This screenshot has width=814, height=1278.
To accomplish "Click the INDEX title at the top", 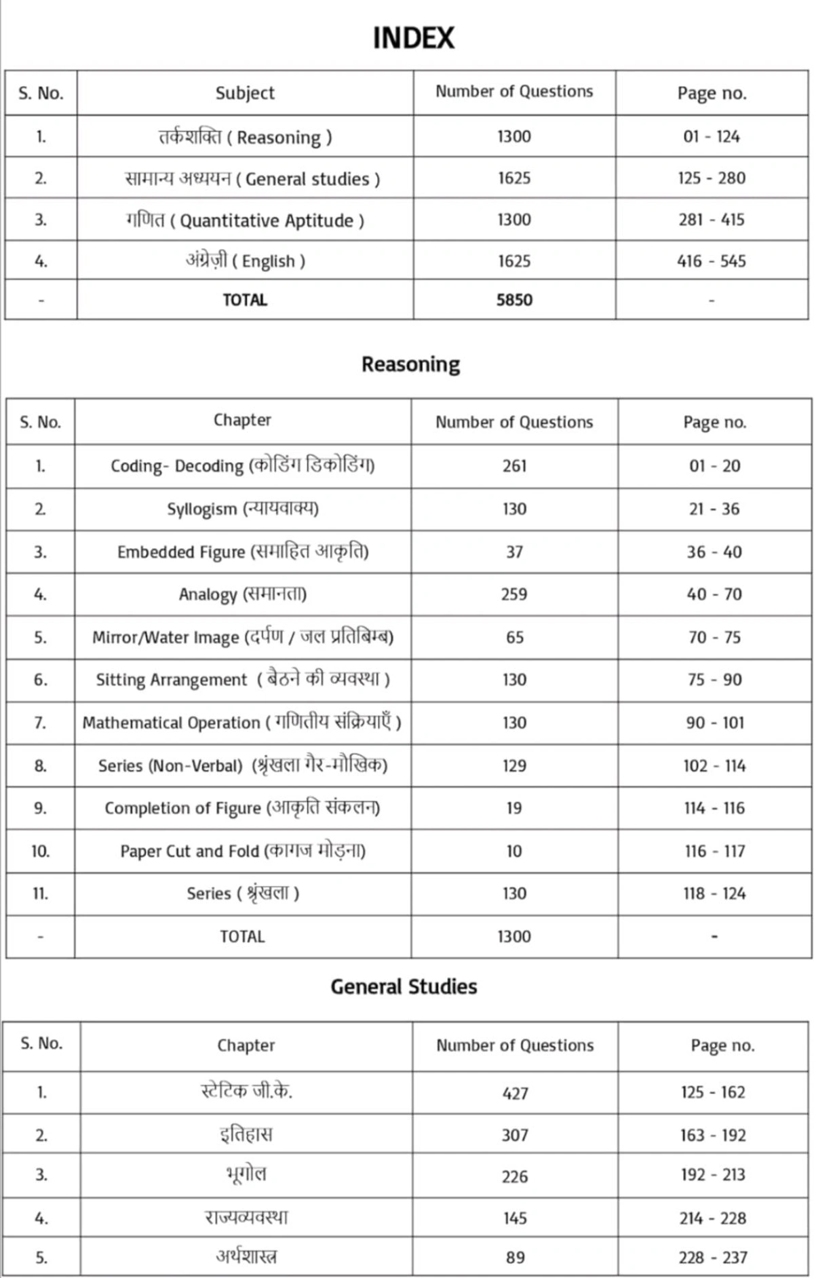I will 413,38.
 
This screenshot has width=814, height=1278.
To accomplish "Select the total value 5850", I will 514,300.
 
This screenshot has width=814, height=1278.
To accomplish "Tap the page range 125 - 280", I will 711,178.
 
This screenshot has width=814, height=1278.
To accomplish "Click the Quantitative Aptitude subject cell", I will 245,220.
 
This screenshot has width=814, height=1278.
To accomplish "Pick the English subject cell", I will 245,261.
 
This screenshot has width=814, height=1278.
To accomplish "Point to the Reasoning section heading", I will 410,364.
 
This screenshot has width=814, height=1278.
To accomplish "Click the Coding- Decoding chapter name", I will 242,466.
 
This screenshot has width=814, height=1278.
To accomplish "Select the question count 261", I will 514,466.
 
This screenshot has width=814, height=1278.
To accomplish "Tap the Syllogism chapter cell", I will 242,509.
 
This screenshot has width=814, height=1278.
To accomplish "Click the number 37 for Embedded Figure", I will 514,552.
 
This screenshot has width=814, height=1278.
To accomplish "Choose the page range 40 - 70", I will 714,594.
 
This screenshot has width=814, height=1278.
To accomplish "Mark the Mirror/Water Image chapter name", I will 242,637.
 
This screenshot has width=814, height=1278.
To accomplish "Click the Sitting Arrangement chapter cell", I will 242,680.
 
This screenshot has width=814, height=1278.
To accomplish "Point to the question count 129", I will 514,766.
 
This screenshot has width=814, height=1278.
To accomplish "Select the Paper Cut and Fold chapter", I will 242,851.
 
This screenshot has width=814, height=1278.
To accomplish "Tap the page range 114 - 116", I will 714,808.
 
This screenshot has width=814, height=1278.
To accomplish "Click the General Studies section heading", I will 404,986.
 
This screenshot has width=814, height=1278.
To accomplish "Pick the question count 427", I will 515,1093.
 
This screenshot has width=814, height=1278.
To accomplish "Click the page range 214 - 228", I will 712,1218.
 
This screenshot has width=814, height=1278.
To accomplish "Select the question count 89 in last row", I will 515,1258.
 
